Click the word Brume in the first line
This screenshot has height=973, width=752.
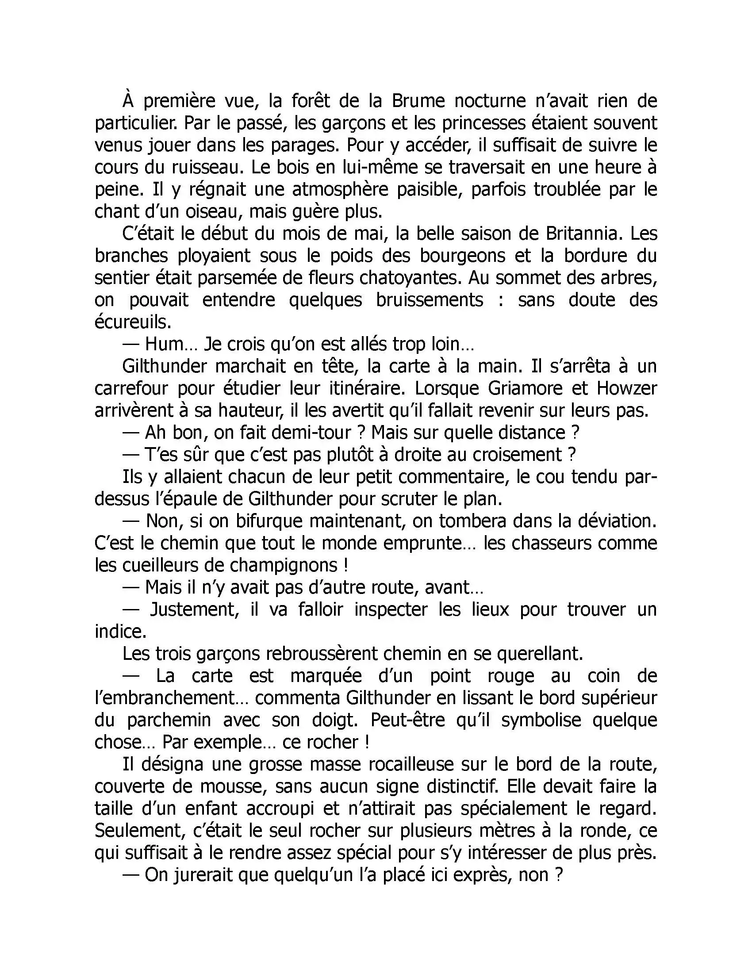tap(418, 101)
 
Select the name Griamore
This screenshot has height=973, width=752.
tap(525, 388)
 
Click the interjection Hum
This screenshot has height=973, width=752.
tap(165, 345)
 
